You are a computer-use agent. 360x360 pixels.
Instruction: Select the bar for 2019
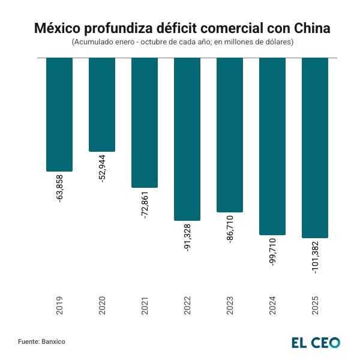point(59,114)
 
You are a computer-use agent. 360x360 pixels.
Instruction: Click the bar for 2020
point(102,104)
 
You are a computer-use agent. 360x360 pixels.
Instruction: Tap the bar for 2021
point(145,122)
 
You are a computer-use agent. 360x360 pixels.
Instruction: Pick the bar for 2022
point(187,139)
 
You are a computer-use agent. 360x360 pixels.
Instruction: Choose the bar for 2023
point(230,135)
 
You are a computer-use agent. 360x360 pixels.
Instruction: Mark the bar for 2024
point(272,146)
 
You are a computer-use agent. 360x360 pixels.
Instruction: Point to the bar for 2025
point(315,148)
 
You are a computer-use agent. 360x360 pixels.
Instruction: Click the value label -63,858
point(59,188)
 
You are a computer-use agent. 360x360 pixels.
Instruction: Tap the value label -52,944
point(102,169)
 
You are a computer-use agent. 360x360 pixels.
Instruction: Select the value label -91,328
point(187,237)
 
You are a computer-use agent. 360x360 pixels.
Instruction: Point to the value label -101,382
point(316,258)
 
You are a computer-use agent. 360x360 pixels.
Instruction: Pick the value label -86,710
point(230,229)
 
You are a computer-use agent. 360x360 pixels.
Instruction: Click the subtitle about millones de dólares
point(180,43)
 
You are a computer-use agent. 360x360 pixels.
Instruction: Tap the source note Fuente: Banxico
point(41,341)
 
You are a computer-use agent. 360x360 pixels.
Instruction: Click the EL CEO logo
point(316,342)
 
